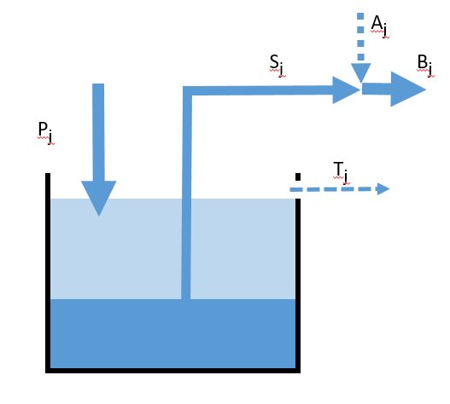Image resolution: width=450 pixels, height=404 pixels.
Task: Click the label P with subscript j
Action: [46, 132]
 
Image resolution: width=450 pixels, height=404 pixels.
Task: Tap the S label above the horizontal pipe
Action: [278, 66]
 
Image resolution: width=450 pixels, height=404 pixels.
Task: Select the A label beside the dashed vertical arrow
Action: [380, 26]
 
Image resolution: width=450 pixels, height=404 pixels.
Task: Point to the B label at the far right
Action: [426, 66]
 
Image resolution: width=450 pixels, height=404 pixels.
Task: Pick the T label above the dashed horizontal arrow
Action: [342, 172]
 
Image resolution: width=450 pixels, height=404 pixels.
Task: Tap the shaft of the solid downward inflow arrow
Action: [98, 132]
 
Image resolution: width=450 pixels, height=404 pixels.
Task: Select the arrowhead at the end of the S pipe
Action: [347, 90]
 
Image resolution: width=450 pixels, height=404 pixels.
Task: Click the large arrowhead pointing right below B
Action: [408, 89]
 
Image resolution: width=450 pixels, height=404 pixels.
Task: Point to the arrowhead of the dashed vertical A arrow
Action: [360, 72]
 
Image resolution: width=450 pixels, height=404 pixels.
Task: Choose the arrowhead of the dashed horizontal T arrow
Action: [383, 189]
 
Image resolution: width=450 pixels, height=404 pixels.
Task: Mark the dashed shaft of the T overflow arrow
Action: [334, 189]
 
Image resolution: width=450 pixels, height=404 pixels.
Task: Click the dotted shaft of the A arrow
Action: [360, 38]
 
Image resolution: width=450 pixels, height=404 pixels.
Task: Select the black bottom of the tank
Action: [172, 371]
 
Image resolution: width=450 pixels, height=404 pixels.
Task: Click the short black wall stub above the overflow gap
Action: [298, 176]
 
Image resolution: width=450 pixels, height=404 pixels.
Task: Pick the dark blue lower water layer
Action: [172, 333]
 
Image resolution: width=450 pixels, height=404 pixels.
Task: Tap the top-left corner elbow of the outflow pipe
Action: [186, 90]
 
